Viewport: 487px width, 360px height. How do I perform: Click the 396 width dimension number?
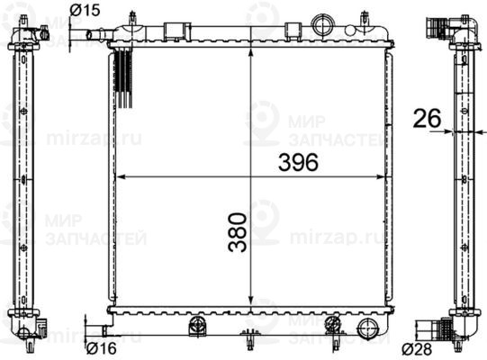tap(298, 162)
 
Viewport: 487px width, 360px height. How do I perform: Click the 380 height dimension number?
tap(238, 232)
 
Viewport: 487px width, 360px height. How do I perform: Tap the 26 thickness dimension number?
tap(427, 118)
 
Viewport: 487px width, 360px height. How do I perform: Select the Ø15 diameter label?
tap(85, 10)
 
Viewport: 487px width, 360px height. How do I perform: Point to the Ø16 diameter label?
tap(101, 348)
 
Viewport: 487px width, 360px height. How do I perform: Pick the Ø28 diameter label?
tap(417, 349)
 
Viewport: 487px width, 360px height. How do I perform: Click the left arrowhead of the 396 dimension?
tap(120, 177)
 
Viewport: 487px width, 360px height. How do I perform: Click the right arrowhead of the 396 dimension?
tap(381, 177)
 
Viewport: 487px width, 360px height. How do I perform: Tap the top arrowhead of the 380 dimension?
tap(250, 52)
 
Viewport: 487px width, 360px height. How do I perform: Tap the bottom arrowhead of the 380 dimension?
tap(250, 301)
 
